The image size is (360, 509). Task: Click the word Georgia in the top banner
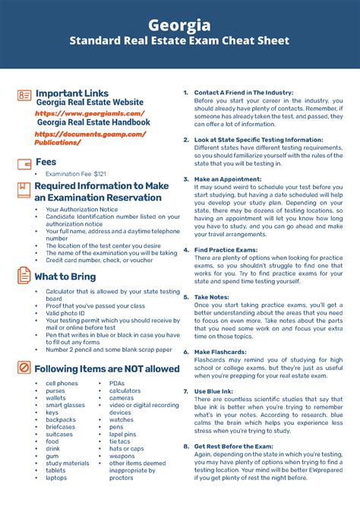(x=180, y=24)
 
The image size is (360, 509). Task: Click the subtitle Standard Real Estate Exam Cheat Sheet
(x=180, y=41)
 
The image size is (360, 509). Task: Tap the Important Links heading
(x=72, y=93)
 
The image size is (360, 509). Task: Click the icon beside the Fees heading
(x=24, y=162)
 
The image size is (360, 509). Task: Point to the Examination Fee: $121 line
(x=75, y=174)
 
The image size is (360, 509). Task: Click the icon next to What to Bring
(x=24, y=276)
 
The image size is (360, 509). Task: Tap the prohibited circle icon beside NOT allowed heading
(x=24, y=368)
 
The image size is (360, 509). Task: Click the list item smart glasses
(x=65, y=405)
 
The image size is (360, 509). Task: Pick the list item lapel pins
(x=122, y=434)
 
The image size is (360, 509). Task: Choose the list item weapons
(x=122, y=455)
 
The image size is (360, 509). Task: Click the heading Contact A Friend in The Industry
(x=244, y=93)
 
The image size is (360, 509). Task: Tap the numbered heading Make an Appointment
(x=232, y=179)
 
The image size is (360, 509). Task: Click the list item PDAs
(x=117, y=384)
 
